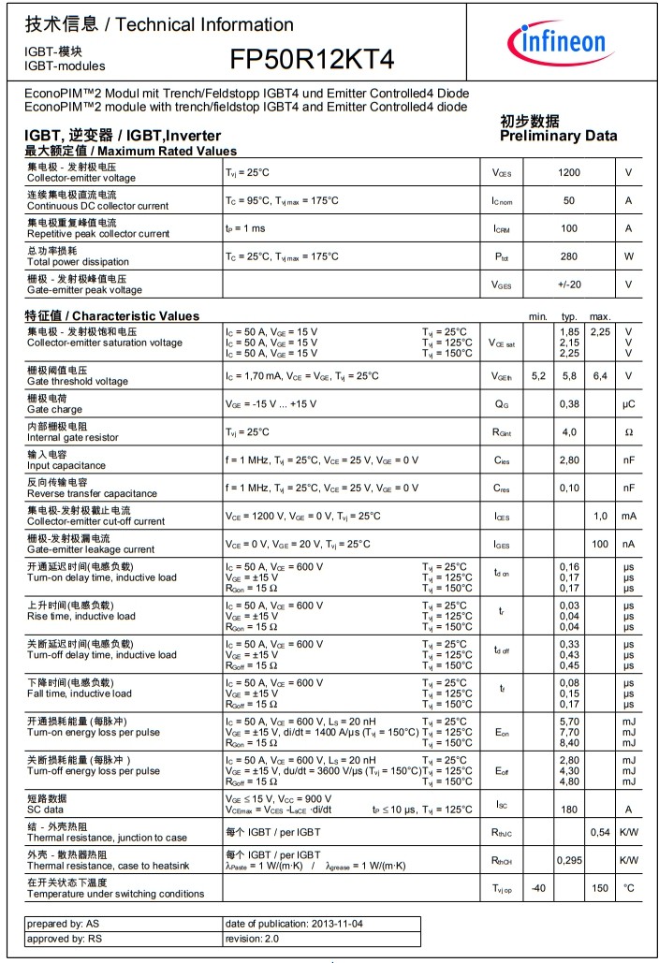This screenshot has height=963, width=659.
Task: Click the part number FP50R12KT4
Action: click(313, 60)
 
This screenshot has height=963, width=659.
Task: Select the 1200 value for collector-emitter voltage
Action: click(569, 172)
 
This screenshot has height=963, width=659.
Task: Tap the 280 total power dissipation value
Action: click(569, 256)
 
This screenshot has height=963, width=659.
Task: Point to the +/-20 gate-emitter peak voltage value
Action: click(569, 285)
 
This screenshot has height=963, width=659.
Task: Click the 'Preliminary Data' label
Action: click(559, 136)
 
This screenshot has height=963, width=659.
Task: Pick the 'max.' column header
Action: click(600, 317)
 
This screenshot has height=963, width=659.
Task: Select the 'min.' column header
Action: click(538, 317)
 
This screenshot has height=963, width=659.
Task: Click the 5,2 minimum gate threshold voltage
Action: click(538, 376)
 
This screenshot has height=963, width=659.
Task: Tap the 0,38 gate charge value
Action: click(569, 404)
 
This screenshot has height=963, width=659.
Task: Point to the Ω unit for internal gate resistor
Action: click(628, 432)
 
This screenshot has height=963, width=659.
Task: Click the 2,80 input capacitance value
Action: click(569, 460)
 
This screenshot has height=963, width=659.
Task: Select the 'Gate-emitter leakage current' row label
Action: click(91, 549)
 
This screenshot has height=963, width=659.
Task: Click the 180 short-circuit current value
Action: click(569, 810)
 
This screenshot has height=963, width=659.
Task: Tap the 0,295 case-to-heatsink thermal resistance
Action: click(569, 860)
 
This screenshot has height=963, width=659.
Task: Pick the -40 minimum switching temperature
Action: click(538, 888)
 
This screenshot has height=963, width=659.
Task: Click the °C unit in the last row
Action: click(628, 888)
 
